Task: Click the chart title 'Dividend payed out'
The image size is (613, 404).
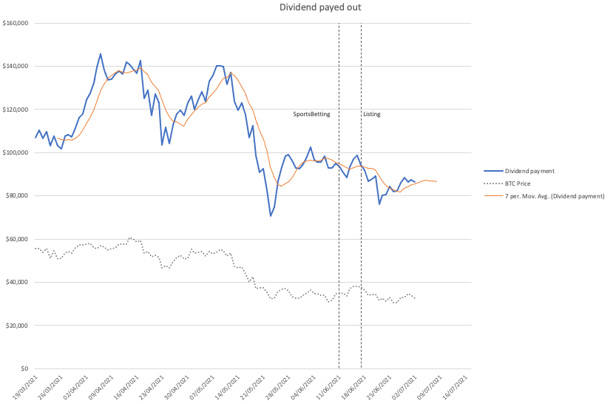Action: (320, 7)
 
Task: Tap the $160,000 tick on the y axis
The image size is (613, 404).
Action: (16, 23)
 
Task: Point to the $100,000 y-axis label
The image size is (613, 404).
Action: (16, 152)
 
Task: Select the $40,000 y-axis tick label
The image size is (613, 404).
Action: (17, 282)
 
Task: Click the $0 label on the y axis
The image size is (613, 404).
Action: (24, 368)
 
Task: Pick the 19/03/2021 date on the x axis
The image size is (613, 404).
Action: (26, 387)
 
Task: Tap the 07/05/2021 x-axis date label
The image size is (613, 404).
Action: (202, 387)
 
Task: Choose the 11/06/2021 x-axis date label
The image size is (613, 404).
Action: (328, 387)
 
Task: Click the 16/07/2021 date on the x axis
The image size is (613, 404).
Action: (454, 387)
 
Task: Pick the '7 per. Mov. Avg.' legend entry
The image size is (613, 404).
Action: (544, 196)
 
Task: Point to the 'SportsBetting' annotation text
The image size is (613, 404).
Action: (311, 114)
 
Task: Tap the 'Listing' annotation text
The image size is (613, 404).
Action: (372, 114)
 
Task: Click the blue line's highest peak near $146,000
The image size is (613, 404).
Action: (101, 54)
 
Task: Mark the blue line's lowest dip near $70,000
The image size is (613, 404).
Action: (271, 216)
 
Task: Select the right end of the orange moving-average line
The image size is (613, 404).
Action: (437, 181)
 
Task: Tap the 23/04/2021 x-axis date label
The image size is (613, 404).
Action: (152, 387)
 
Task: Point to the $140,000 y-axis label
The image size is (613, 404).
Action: (16, 66)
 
